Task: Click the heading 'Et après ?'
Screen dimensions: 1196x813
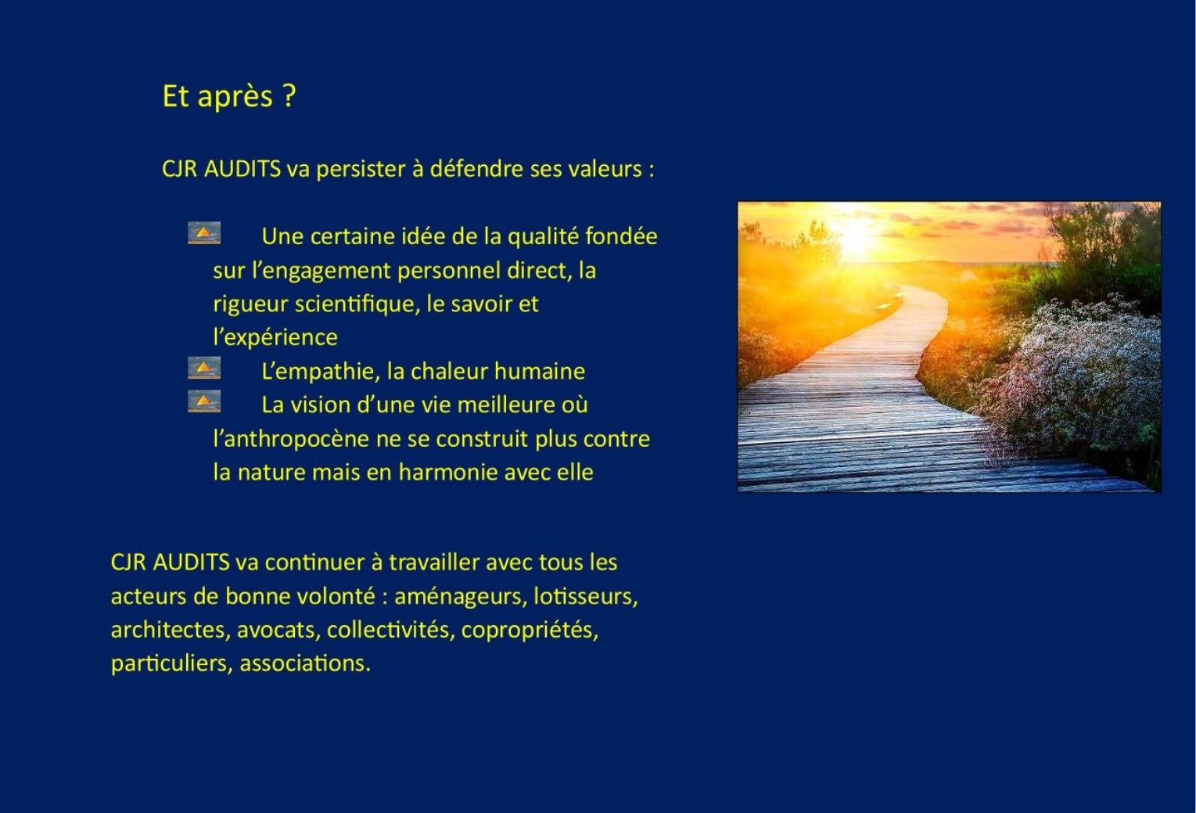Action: [x=229, y=97]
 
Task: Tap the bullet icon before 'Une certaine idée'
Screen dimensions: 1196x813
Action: [x=204, y=233]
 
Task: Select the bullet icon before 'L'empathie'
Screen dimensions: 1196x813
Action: [x=204, y=368]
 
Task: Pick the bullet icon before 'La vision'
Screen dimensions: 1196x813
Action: [x=204, y=401]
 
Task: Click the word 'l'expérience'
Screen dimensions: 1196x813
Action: [x=275, y=338]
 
